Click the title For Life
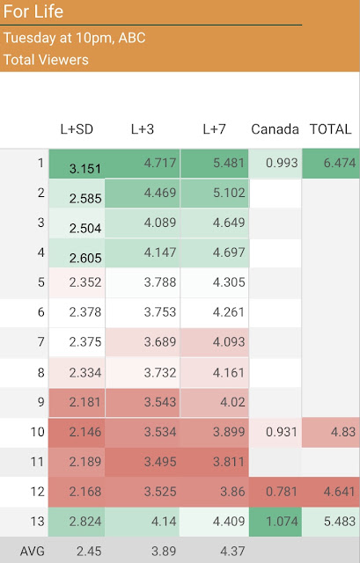33,11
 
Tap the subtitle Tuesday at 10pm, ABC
74,38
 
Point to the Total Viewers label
46,60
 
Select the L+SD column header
77,129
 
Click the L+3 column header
143,129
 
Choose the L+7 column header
214,129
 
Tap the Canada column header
275,129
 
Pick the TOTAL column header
331,129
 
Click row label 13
37,521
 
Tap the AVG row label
32,551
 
